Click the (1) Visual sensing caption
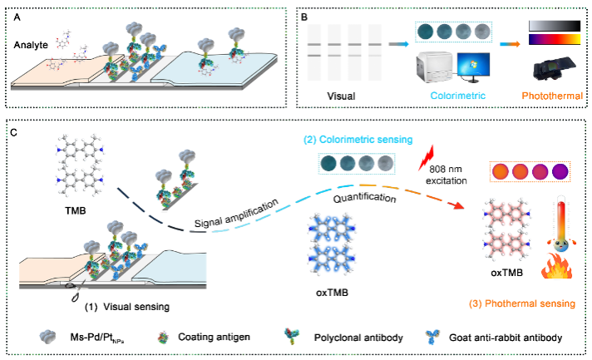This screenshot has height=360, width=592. click(x=127, y=306)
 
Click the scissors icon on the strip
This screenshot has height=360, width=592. click(x=76, y=293)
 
